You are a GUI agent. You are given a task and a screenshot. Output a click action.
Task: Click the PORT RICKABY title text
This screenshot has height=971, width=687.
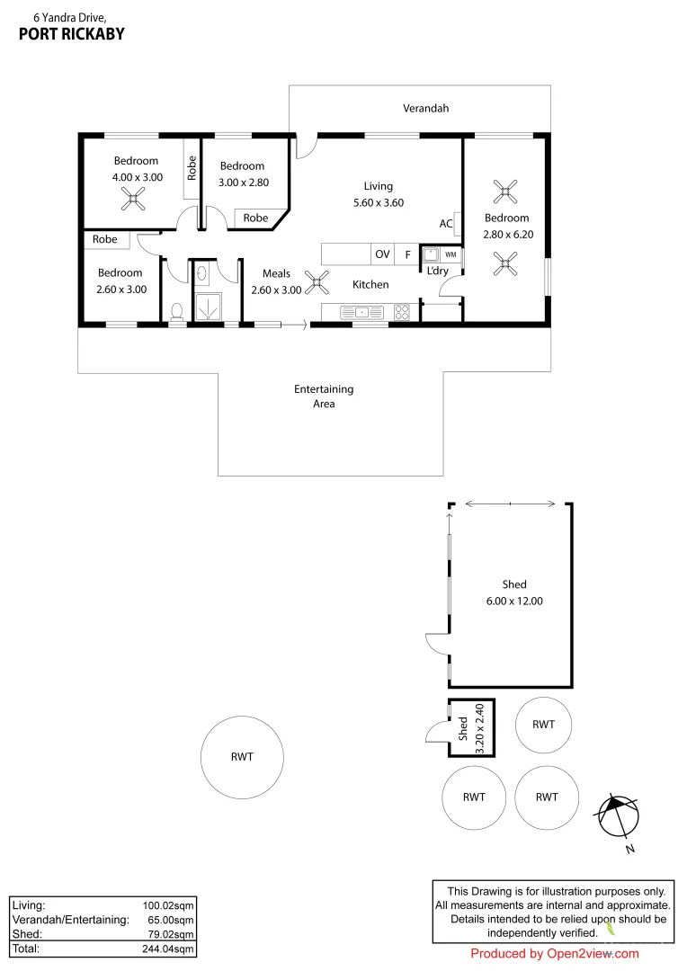pos(71,34)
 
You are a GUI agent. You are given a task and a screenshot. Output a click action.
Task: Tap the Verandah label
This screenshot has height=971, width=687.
pos(425,108)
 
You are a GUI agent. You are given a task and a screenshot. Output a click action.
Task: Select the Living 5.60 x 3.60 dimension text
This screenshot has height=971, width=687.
pos(378,202)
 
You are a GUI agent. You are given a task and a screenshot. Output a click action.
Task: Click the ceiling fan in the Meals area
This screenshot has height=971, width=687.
pos(317,283)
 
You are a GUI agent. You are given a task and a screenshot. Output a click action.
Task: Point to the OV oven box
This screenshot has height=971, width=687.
pos(383,254)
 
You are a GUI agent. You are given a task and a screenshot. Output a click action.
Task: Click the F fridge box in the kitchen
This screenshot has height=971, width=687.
pos(407,254)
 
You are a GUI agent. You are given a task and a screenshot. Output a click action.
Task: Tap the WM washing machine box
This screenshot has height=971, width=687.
pos(450,254)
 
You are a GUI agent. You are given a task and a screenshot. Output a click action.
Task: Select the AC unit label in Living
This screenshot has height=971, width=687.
pos(446,224)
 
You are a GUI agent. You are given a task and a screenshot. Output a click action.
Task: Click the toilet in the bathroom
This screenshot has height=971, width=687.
pos(177,311)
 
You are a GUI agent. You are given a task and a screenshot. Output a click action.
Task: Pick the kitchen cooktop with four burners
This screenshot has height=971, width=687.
pos(401,313)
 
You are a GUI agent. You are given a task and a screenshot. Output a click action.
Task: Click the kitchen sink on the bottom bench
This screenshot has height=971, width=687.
pos(360,313)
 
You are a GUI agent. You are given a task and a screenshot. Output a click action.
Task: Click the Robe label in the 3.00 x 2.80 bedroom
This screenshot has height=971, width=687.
pos(255,218)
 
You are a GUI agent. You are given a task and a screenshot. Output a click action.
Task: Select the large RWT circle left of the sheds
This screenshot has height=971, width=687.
pos(242,756)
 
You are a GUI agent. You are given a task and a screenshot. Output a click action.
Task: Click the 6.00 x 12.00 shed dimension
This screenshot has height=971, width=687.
pos(514,601)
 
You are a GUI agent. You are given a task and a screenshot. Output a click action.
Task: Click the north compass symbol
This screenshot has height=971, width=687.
pos(618,817)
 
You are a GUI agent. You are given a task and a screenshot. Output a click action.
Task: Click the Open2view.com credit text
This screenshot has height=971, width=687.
pos(555,954)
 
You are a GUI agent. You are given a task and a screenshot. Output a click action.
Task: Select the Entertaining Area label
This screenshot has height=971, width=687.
pos(324,396)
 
